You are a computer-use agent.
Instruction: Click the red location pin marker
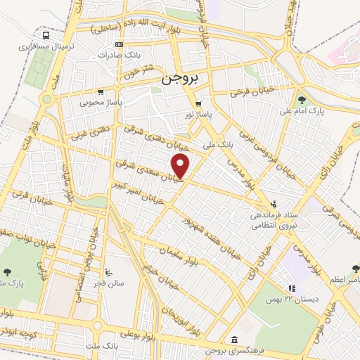(181, 165)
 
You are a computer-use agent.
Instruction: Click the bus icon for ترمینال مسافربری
(46, 34)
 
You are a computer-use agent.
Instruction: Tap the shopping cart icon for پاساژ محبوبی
(102, 91)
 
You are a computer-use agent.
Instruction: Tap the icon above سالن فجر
(108, 273)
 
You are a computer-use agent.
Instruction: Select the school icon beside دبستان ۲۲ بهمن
(291, 288)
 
